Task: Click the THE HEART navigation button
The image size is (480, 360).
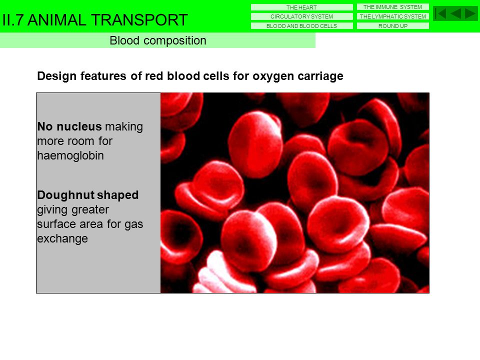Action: pyautogui.click(x=301, y=7)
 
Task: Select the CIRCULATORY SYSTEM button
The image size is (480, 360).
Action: pyautogui.click(x=301, y=16)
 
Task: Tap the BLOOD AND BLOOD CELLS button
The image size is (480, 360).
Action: pyautogui.click(x=301, y=26)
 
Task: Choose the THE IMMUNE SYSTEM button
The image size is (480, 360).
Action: pyautogui.click(x=392, y=7)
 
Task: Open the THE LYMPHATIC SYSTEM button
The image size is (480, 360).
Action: pyautogui.click(x=392, y=16)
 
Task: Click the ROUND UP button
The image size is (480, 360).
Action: pyautogui.click(x=392, y=26)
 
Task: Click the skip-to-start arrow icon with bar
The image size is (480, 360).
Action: pyautogui.click(x=440, y=13)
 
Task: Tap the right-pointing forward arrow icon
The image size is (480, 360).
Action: pyautogui.click(x=470, y=13)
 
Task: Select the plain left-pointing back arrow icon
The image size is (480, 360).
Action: pyautogui.click(x=455, y=13)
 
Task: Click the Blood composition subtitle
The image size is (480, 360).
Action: pyautogui.click(x=157, y=40)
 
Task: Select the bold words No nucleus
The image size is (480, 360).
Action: pyautogui.click(x=69, y=126)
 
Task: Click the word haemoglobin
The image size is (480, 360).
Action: pyautogui.click(x=70, y=155)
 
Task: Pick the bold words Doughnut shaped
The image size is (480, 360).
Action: pyautogui.click(x=88, y=195)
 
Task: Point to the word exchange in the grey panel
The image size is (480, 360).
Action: pyautogui.click(x=62, y=239)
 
